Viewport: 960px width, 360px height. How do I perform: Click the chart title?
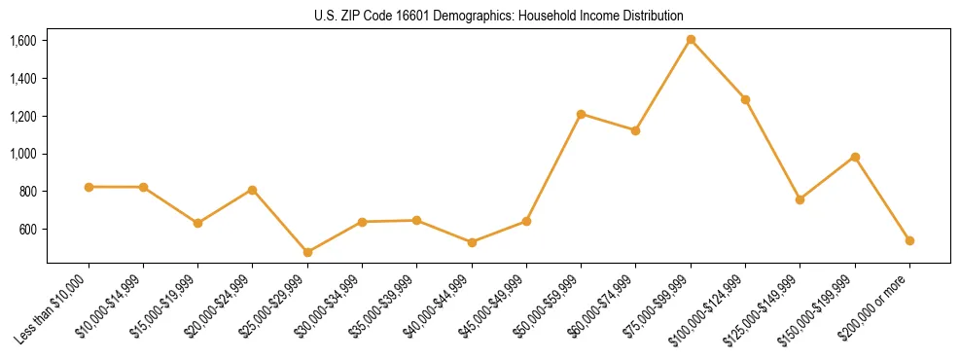point(499,16)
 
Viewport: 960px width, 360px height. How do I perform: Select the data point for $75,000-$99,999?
point(691,40)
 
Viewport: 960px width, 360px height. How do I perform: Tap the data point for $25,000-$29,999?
point(307,252)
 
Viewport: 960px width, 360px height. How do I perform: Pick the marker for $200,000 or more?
point(909,240)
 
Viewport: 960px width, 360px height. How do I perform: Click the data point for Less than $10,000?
point(89,187)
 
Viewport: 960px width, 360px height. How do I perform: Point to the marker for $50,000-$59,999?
point(581,114)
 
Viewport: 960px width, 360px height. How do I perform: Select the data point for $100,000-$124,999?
point(745,99)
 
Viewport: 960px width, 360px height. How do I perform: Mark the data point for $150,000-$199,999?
point(855,157)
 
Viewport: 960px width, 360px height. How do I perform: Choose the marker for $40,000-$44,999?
point(472,242)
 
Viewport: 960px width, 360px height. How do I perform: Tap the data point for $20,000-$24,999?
point(253,190)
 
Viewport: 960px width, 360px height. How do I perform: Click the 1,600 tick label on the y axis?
point(23,41)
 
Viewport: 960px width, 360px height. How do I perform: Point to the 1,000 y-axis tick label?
point(23,154)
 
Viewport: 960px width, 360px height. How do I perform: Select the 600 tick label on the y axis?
point(27,230)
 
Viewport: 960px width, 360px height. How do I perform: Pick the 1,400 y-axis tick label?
point(23,79)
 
